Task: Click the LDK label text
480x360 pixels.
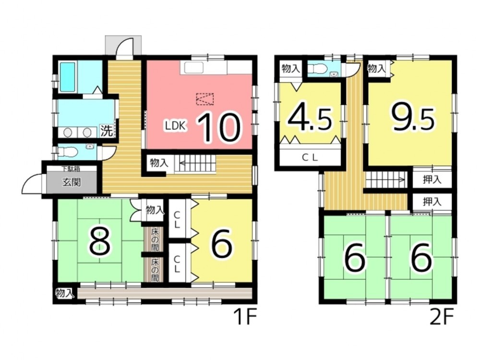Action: pyautogui.click(x=175, y=125)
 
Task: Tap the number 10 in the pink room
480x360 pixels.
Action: pyautogui.click(x=218, y=127)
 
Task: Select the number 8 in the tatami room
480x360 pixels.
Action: pyautogui.click(x=99, y=242)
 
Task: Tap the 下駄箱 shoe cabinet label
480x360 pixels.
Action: pyautogui.click(x=71, y=168)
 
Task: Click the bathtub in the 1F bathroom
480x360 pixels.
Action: pyautogui.click(x=68, y=77)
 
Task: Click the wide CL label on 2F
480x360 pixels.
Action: pyautogui.click(x=310, y=158)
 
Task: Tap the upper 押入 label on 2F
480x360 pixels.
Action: pyautogui.click(x=432, y=180)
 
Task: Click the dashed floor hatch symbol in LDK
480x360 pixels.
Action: pyautogui.click(x=205, y=99)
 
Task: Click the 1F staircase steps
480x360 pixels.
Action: pyautogui.click(x=196, y=164)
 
